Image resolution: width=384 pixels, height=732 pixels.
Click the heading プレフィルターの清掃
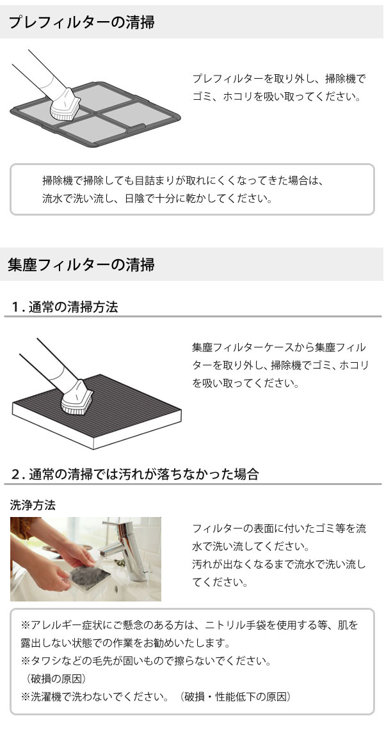(x=81, y=23)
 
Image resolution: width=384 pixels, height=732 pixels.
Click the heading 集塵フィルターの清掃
(x=81, y=265)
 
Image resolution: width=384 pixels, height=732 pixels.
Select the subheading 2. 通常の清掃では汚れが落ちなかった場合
(x=135, y=474)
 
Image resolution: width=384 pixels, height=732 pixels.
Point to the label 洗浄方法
(x=33, y=505)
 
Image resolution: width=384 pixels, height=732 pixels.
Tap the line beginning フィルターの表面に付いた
(x=279, y=529)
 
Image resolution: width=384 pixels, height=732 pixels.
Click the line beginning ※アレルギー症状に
(x=189, y=624)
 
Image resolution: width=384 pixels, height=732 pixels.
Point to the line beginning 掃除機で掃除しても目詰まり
(x=184, y=180)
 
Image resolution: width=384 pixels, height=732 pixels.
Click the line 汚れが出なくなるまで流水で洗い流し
(x=279, y=564)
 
